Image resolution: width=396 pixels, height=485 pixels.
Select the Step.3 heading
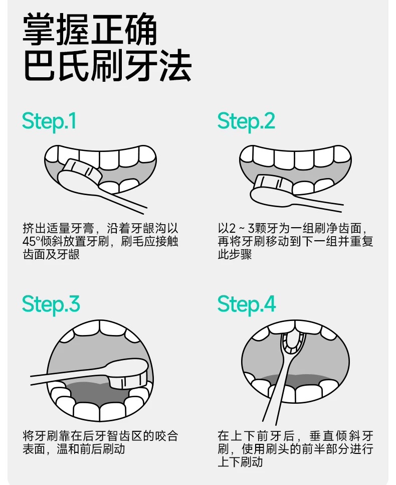[x=51, y=305]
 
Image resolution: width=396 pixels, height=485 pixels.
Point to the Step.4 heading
[x=247, y=305]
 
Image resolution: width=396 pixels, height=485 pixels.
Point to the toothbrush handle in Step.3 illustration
[x=68, y=375]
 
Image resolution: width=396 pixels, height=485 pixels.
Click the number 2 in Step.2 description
[x=233, y=229]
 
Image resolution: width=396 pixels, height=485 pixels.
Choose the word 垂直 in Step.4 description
[x=322, y=436]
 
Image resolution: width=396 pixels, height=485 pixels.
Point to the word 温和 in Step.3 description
[x=68, y=449]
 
